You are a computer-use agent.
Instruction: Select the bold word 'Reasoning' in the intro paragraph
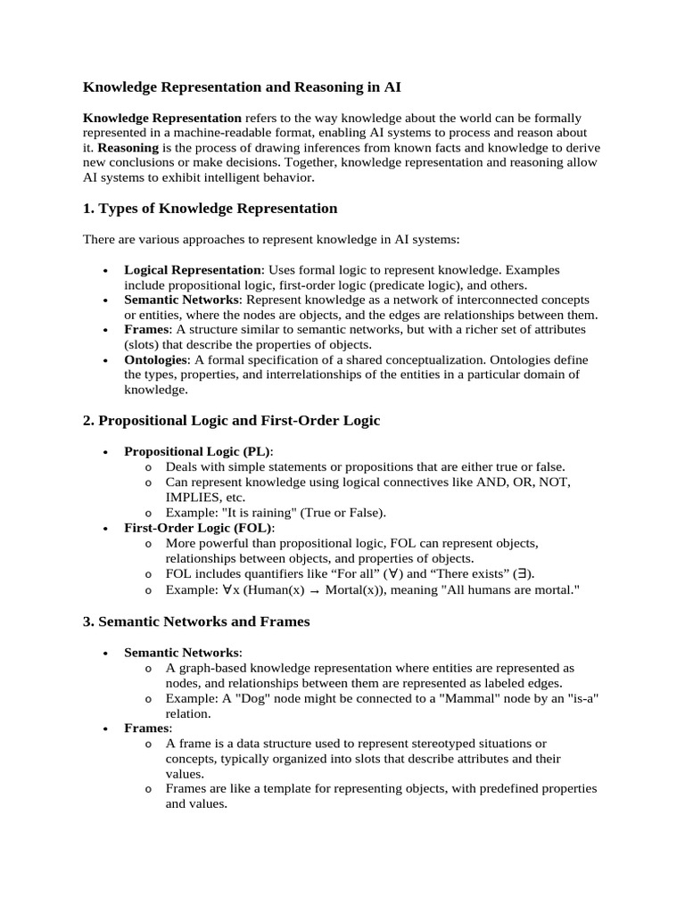pyautogui.click(x=128, y=147)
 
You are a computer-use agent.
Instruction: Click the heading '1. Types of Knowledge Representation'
pyautogui.click(x=210, y=209)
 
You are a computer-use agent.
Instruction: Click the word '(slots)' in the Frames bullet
pyautogui.click(x=144, y=344)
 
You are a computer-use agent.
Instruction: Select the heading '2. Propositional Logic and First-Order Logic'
pyautogui.click(x=231, y=421)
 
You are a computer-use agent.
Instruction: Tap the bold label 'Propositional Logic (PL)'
pyautogui.click(x=198, y=451)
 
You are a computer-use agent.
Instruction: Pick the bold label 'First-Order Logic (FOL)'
pyautogui.click(x=198, y=528)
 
